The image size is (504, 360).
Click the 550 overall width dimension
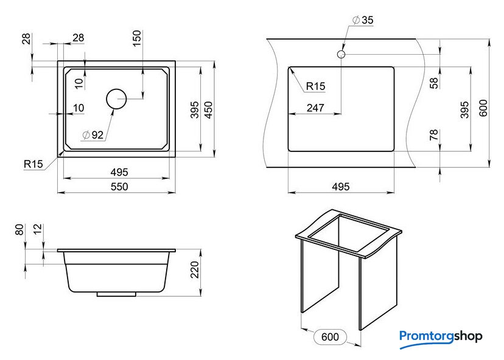coord(119,187)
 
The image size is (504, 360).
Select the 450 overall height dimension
coord(208,110)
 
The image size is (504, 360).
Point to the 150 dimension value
coord(136,38)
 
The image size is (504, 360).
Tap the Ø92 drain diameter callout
coord(93,135)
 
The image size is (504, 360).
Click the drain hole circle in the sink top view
coord(116,99)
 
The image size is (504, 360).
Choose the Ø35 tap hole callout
coord(363,20)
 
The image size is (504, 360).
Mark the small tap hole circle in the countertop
coord(341,54)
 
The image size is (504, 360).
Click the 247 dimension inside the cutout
coord(315,108)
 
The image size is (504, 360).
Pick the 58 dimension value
coord(434,83)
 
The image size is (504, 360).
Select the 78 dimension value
coord(434,134)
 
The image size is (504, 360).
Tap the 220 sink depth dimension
coord(195,269)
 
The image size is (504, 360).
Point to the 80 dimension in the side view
coord(19,230)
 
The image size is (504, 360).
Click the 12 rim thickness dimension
coord(38,229)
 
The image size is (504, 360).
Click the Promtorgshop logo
coord(441,338)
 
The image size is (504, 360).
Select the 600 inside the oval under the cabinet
coord(330,337)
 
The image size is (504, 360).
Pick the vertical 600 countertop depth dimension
coord(483,108)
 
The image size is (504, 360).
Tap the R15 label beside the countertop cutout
coord(315,86)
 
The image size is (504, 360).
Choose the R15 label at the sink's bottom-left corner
coord(33,164)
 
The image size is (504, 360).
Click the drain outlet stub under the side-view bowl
coord(116,294)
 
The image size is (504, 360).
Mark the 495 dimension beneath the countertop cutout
coord(341,187)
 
